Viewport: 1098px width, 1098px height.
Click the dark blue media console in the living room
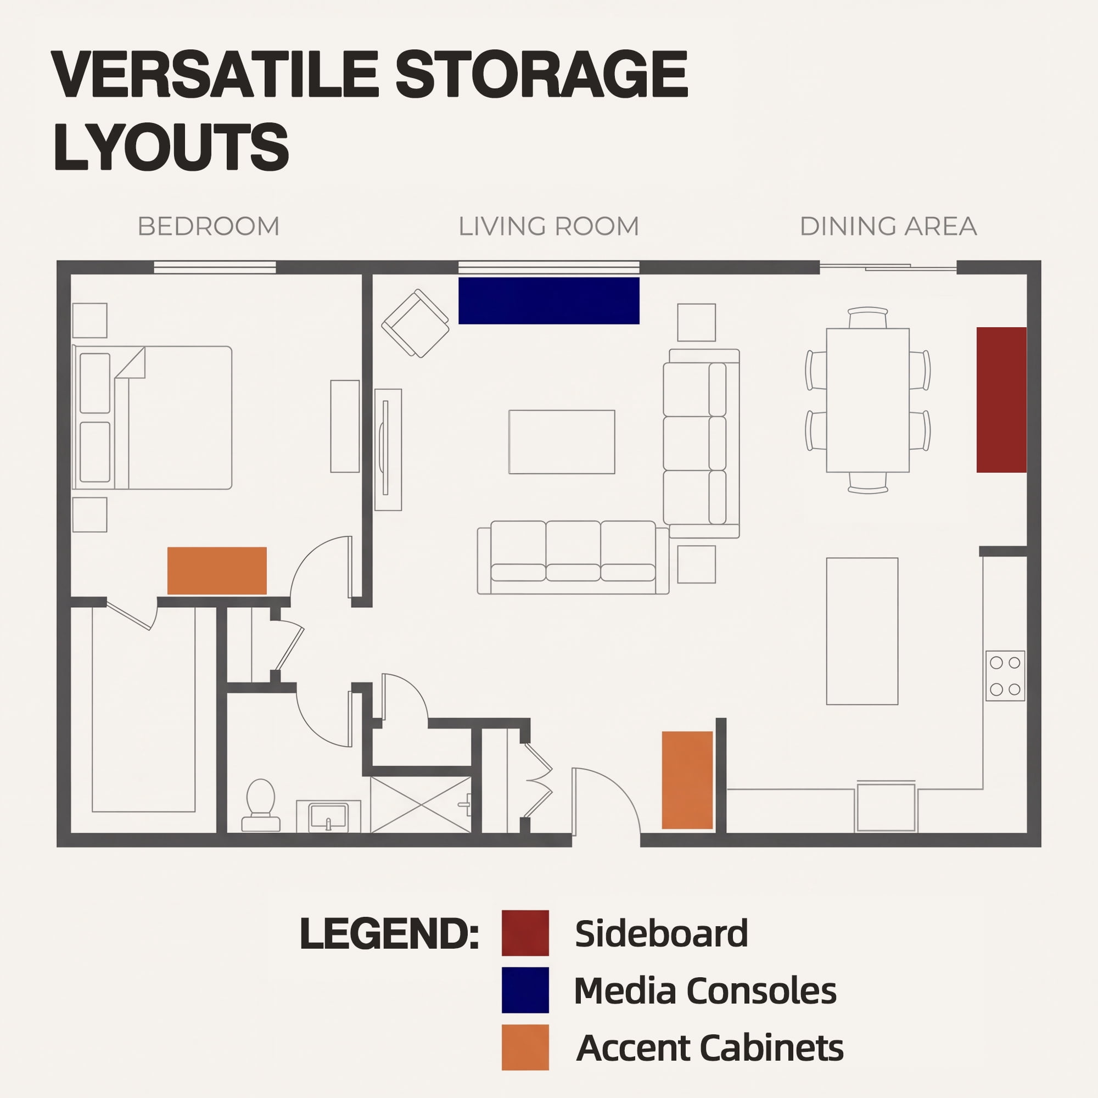548,301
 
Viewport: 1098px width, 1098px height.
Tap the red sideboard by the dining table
1001,400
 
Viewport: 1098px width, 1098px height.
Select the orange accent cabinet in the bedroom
217,570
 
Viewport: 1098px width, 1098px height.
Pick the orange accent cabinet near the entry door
687,780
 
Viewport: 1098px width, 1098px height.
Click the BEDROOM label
209,226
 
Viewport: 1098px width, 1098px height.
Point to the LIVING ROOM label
548,226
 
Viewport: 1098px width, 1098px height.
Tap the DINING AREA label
888,226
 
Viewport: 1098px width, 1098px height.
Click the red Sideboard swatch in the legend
525,933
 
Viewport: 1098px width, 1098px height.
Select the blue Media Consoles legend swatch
525,990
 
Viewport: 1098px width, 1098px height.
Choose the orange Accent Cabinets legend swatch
525,1047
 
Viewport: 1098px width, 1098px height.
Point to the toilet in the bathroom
261,805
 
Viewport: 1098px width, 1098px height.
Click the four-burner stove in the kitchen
1005,676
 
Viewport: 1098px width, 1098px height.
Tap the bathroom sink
328,817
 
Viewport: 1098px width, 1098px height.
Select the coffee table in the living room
562,441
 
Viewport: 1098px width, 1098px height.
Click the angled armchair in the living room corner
416,323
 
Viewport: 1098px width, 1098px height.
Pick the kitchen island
862,631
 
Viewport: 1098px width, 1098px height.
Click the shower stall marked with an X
421,805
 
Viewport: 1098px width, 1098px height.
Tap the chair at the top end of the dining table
868,318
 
